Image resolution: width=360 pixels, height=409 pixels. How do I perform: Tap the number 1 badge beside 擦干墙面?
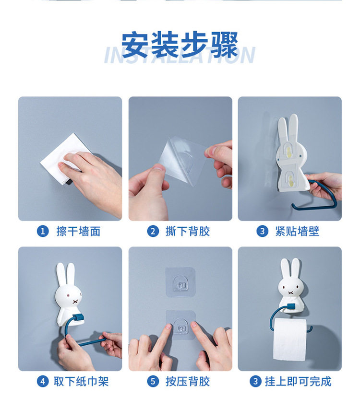coord(43,232)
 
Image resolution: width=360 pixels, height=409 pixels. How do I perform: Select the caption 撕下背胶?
coord(188,232)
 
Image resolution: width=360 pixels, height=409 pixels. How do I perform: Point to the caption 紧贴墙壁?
coord(297,232)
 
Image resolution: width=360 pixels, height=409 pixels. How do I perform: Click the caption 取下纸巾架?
coord(81,382)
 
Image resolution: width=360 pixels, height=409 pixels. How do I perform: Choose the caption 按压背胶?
coord(188,382)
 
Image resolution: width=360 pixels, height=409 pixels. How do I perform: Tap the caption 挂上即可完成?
coord(298,382)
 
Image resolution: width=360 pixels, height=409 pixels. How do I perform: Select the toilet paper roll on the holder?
coord(289,339)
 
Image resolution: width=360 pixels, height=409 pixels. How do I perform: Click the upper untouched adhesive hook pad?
coord(180,282)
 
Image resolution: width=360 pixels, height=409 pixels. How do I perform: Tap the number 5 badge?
coord(153,382)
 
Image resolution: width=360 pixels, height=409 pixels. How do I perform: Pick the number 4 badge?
coord(43,382)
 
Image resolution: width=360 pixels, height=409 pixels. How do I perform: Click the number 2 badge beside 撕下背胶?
coord(153,232)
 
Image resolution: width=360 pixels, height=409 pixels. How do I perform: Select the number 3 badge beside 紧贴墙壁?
coord(263,232)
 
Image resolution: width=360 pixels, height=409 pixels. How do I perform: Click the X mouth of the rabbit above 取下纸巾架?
coord(75,302)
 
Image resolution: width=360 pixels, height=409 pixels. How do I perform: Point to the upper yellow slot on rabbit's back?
coord(288,152)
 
